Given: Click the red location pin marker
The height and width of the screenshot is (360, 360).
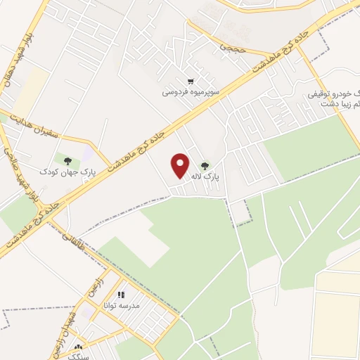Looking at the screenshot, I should coord(181,165).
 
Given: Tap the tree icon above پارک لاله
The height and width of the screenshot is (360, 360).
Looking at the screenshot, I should coord(205,166).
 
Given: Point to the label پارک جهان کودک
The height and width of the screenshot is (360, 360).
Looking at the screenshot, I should coord(67,172).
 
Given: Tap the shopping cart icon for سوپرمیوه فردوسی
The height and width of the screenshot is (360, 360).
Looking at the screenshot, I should coord(191,81).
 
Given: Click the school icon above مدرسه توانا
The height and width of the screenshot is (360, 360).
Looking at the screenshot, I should coord(121,295).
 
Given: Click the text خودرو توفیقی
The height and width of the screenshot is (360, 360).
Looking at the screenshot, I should coord(334,94).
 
